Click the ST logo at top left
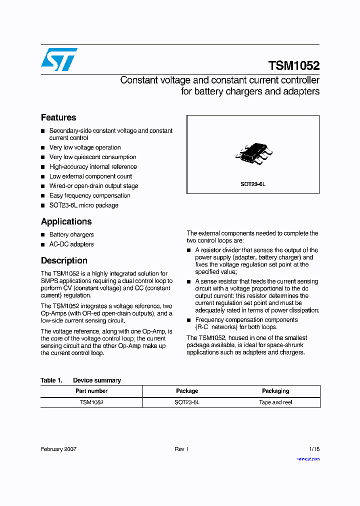[59, 59]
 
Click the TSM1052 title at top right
[293, 66]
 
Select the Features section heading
[58, 117]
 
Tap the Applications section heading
[66, 221]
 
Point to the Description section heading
[64, 260]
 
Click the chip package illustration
[253, 154]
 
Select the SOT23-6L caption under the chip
[252, 184]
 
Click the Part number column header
[91, 391]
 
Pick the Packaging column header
[275, 391]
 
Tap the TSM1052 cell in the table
[91, 402]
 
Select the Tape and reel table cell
[275, 402]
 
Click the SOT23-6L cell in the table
[187, 402]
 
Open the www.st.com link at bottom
[308, 459]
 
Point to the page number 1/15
[314, 449]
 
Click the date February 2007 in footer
[58, 449]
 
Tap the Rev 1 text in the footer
[181, 449]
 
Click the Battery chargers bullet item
[71, 234]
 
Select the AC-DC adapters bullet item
[71, 244]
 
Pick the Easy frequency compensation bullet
[89, 195]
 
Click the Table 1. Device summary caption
[80, 380]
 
